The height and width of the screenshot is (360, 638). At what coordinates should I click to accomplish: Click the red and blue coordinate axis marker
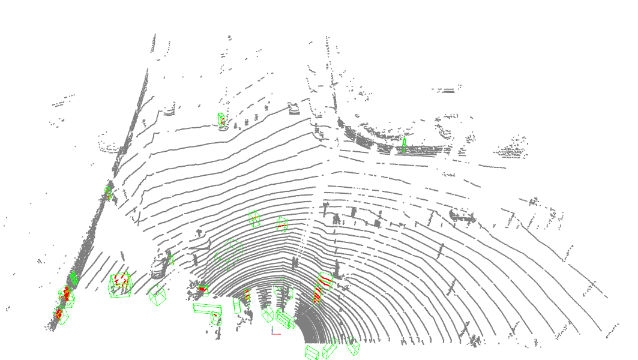coord(274,331)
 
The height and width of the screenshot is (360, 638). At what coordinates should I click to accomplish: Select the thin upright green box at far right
coord(405,144)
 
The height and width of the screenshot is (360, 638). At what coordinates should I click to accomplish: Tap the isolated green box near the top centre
coord(222,120)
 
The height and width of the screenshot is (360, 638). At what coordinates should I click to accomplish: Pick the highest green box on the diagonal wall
coord(108,193)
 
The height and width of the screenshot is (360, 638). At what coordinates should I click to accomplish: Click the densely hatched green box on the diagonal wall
coord(74,278)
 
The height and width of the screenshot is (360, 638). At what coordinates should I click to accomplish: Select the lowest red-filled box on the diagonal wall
coord(59,314)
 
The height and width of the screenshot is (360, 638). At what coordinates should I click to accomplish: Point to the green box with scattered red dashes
coord(120,284)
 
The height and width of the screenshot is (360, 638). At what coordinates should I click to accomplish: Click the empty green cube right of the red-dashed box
coord(158,295)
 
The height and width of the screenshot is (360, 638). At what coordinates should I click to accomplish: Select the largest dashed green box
coord(229,254)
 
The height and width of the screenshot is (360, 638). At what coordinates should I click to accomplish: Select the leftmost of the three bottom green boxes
coord(311,352)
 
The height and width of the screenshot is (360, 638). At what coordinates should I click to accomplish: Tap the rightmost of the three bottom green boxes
coord(353,345)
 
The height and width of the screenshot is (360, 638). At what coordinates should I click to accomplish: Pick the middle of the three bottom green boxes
coord(330,349)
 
